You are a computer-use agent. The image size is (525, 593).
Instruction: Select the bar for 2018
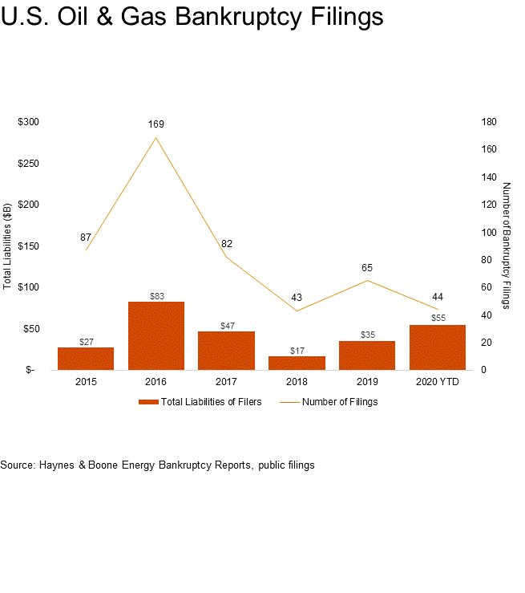(297, 363)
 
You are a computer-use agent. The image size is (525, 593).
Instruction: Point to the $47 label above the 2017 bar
(226, 326)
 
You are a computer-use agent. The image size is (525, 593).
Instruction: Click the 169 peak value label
(155, 124)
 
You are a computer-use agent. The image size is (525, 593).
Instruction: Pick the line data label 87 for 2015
(85, 238)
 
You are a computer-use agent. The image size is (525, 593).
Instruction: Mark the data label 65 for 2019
(367, 268)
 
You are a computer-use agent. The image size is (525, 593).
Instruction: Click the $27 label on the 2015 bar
(86, 342)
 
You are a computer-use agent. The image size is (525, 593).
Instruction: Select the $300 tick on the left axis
(29, 122)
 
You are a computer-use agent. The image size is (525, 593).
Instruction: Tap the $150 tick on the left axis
(29, 246)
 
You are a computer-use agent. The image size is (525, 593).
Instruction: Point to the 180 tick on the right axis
(489, 122)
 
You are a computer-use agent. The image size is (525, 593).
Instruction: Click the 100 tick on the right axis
(489, 232)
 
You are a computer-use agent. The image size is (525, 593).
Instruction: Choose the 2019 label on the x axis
(367, 383)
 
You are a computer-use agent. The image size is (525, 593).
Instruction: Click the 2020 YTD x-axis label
(437, 383)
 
